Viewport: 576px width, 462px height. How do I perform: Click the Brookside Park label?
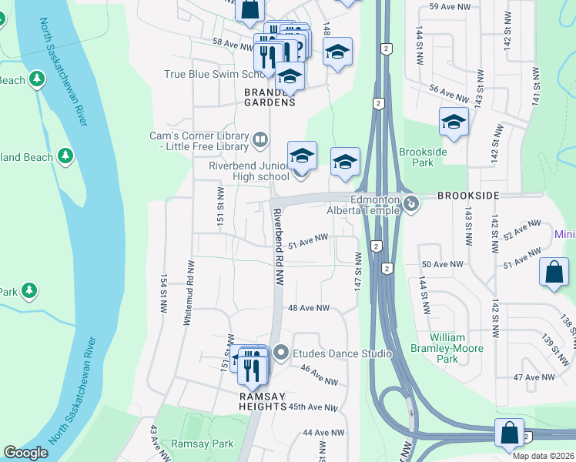coord(423,157)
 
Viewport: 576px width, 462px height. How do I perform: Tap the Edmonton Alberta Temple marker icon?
coord(411,204)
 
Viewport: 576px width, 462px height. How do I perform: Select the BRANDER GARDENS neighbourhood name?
coord(270,97)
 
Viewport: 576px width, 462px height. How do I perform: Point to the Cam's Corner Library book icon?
coord(260,139)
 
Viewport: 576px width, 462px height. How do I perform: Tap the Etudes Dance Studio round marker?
coord(280,353)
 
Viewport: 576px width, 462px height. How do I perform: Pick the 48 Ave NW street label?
coord(308,308)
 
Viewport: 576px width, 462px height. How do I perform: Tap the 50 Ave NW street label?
coord(442,264)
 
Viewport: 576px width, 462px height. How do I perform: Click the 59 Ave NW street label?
coord(444,6)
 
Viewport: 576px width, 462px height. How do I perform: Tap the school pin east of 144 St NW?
coord(454,122)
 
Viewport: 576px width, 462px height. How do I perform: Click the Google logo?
coord(25,453)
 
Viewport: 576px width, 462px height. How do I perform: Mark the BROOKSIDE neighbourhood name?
coord(468,196)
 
